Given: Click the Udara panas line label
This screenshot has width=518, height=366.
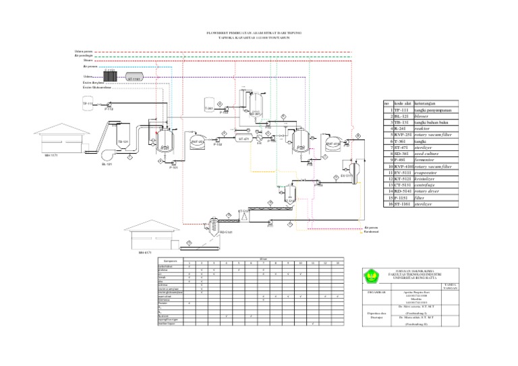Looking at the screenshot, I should click(84, 51).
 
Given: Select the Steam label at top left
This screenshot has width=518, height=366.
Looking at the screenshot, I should click(79, 61).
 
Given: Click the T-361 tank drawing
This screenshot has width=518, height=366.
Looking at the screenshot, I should click(209, 107).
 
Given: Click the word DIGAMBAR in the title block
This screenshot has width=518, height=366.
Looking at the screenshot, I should click(376, 292).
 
